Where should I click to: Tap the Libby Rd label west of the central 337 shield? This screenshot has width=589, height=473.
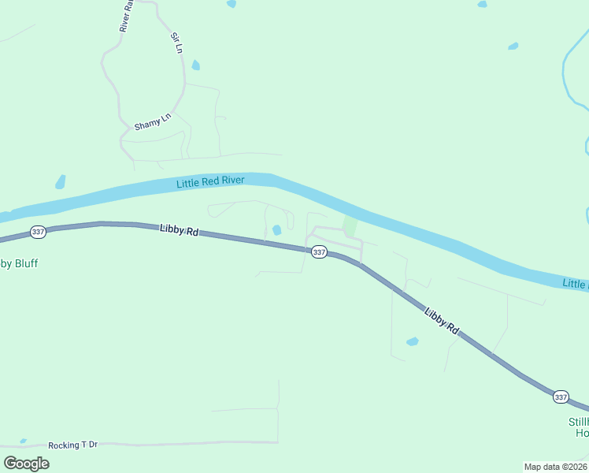(x=179, y=231)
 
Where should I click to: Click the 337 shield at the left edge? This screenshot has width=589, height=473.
(x=38, y=232)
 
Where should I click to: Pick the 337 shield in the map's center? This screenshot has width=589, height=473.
(x=319, y=251)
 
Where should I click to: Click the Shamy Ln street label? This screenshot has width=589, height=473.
(x=152, y=122)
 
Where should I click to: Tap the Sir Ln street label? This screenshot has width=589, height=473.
(x=178, y=43)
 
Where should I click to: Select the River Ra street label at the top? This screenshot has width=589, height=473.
(x=125, y=17)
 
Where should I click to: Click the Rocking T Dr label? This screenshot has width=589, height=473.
(x=72, y=445)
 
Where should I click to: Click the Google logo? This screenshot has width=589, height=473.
(x=26, y=463)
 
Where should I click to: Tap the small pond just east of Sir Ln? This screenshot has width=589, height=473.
(x=195, y=65)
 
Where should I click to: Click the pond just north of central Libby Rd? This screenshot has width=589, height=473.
(x=276, y=230)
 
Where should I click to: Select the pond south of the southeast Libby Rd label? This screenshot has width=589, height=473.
(x=412, y=341)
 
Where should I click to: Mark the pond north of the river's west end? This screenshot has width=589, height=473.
(x=60, y=182)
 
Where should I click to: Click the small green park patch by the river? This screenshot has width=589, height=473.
(x=350, y=226)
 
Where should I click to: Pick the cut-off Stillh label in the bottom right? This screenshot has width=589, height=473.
(x=578, y=422)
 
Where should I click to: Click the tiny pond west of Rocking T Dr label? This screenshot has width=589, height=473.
(x=23, y=441)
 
